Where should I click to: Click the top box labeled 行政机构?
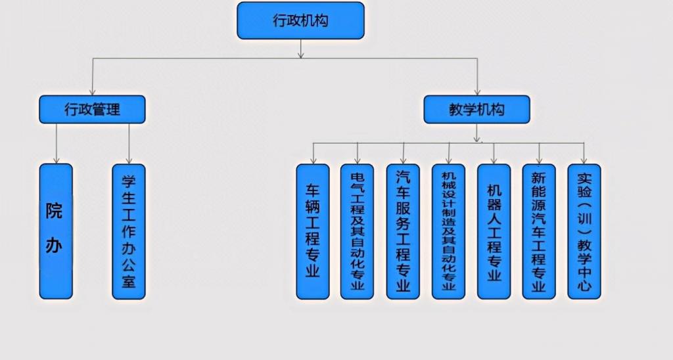click(300, 20)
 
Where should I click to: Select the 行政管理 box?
click(92, 109)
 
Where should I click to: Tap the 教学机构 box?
click(476, 109)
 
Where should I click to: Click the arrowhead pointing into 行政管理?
click(93, 91)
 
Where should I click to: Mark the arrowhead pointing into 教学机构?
click(478, 91)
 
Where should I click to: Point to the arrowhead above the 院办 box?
click(57, 159)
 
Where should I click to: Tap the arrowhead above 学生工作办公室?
click(129, 159)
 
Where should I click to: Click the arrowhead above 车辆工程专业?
click(313, 160)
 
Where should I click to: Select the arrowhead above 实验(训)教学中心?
click(584, 160)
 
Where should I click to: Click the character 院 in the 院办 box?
click(55, 212)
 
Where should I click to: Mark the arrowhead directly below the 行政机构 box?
click(301, 54)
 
